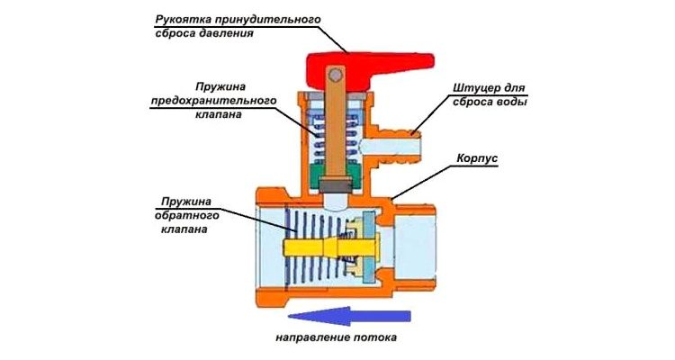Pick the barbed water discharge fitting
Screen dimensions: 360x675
[396, 144]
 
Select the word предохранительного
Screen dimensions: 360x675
[214, 102]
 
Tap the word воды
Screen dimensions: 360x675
[508, 102]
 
